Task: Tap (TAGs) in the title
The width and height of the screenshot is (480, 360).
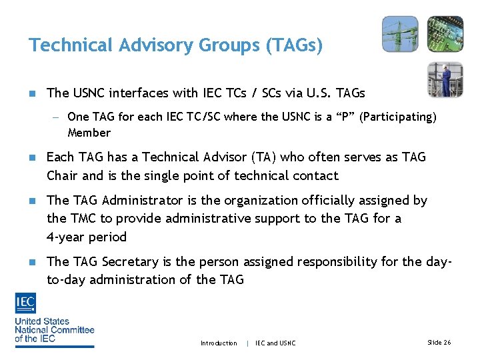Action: coord(294,45)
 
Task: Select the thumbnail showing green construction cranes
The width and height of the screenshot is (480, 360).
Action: coord(400,34)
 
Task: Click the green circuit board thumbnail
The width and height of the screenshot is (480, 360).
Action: coord(445,34)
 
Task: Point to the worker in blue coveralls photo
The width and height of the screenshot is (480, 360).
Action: coord(445,79)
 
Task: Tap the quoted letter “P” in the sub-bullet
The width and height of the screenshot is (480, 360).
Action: coord(345,117)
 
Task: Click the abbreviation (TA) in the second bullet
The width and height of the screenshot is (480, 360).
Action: coord(262,157)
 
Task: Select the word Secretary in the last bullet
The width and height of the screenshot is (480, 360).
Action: coord(129,262)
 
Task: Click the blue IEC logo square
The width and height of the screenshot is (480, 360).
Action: coord(25,304)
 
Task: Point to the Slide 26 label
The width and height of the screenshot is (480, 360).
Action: coord(439,343)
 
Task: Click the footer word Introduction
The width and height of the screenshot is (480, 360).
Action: coord(219,343)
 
